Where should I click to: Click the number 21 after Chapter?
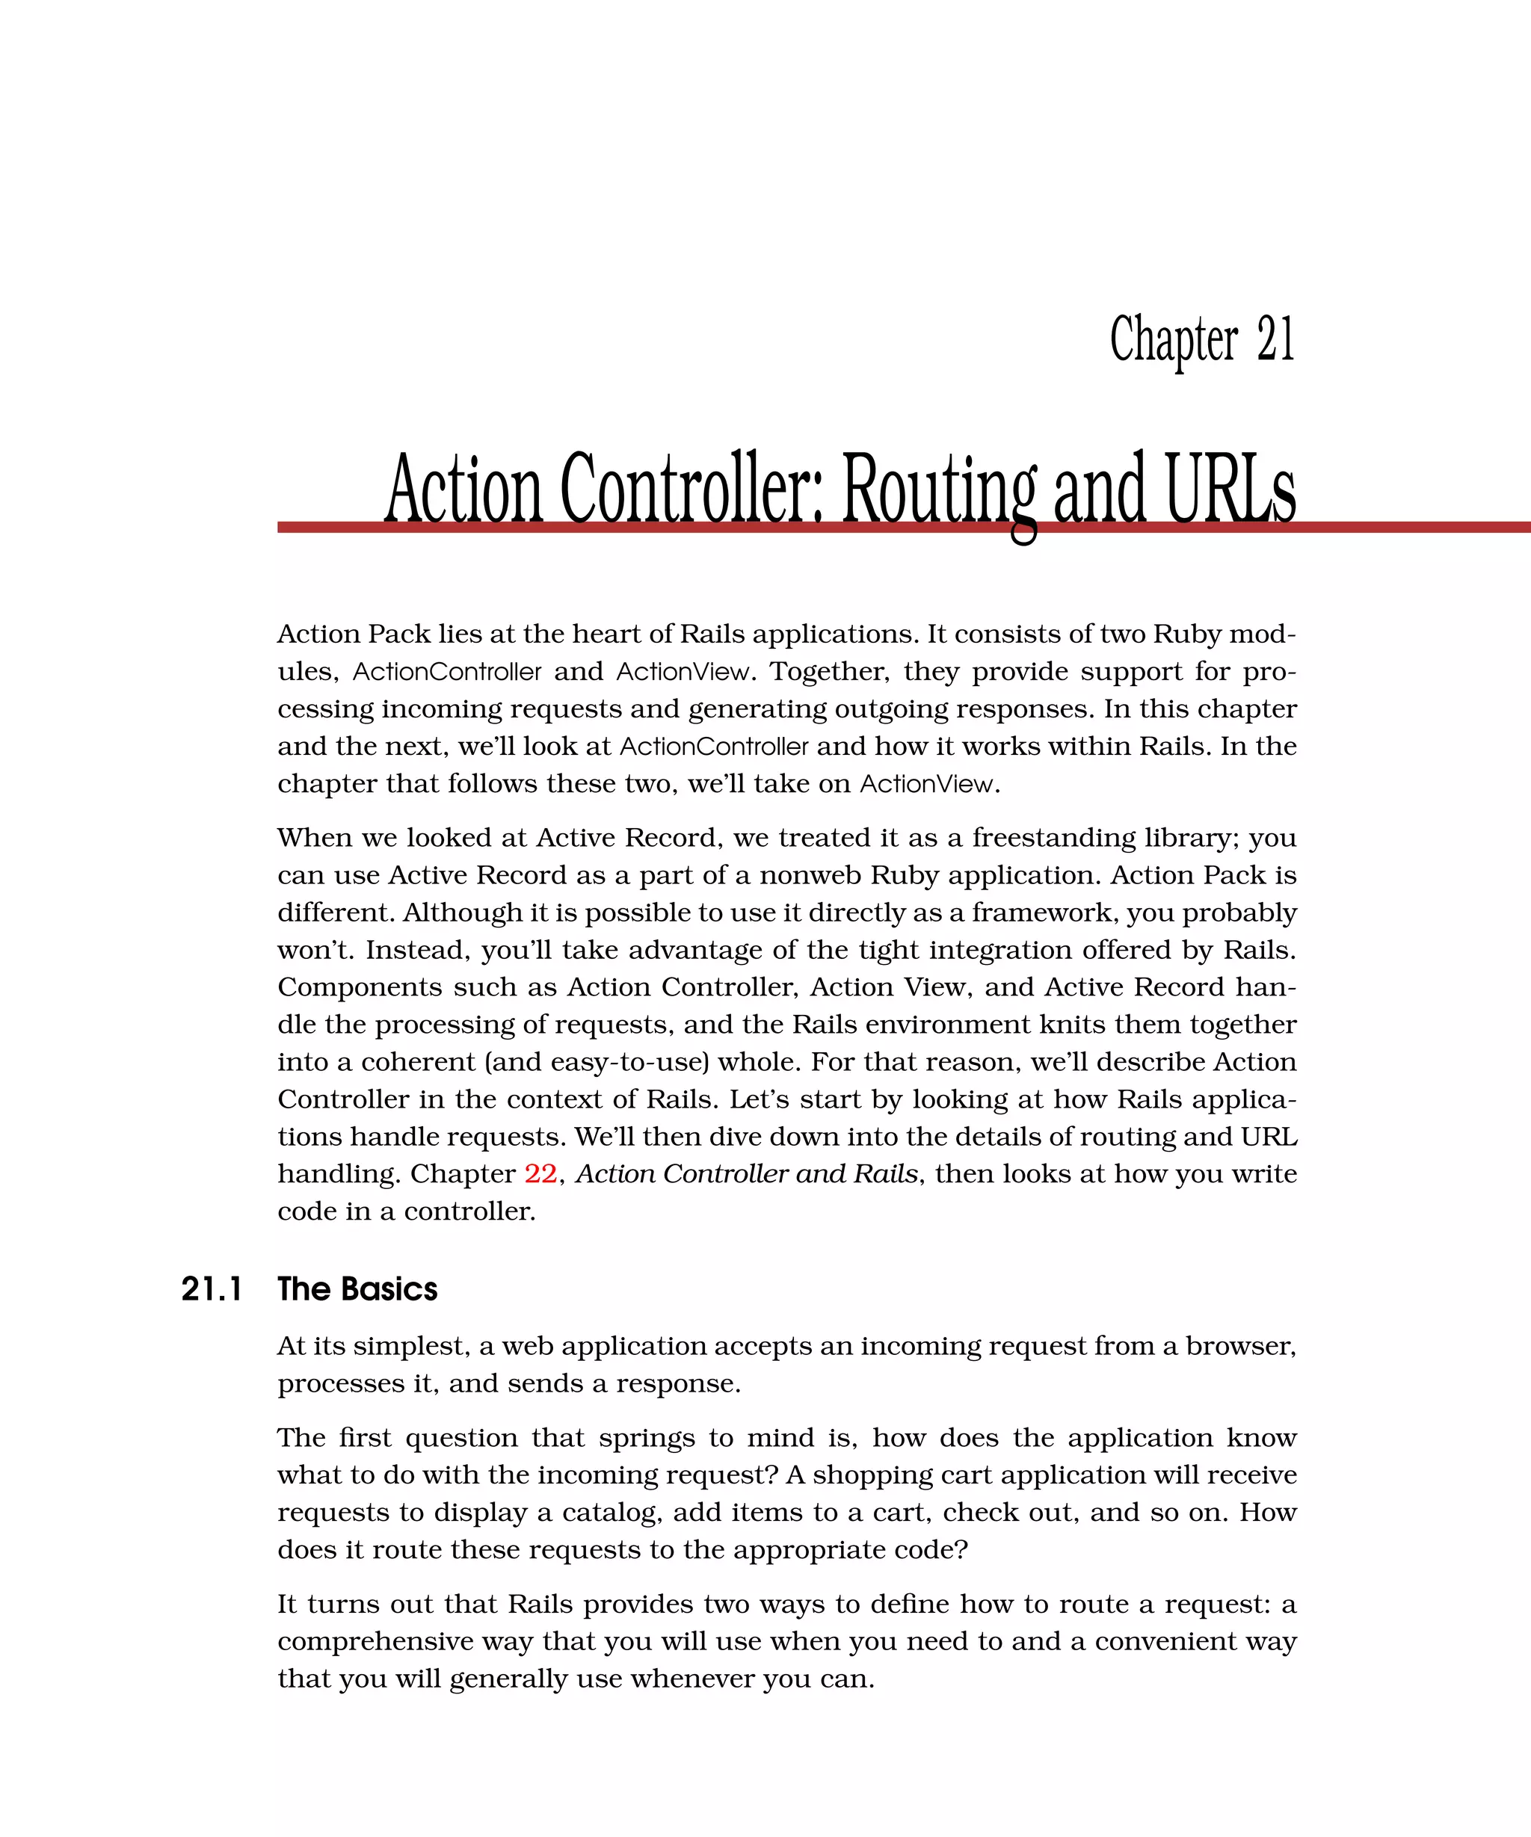pos(1275,339)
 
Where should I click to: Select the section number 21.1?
pos(211,1289)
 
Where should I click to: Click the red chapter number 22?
pos(540,1174)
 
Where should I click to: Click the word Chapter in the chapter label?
pos(1173,339)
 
